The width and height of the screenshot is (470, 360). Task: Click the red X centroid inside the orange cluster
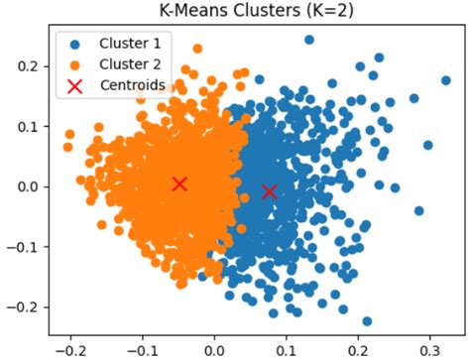179,183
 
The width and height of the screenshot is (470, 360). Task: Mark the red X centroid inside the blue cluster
269,190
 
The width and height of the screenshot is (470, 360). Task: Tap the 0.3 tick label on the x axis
429,350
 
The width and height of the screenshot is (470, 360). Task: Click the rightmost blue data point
445,80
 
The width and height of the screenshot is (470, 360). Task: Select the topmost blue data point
308,41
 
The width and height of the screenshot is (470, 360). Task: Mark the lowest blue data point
367,320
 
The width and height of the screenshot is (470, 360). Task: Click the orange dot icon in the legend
75,64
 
